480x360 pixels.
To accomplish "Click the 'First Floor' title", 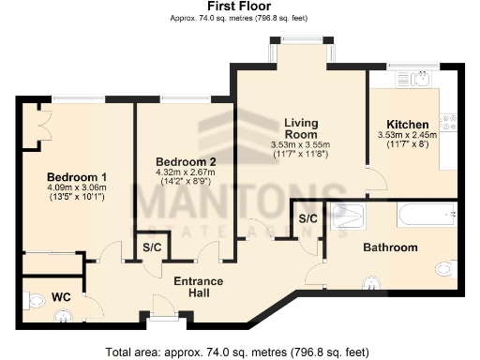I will pyautogui.click(x=239, y=7).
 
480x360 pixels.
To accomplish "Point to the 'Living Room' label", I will pyautogui.click(x=301, y=129).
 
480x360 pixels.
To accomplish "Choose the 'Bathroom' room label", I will pyautogui.click(x=391, y=247).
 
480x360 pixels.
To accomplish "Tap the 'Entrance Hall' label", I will pyautogui.click(x=198, y=287).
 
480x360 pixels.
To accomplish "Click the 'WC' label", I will pyautogui.click(x=61, y=296).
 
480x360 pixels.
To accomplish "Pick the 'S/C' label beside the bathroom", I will pyautogui.click(x=307, y=218).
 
